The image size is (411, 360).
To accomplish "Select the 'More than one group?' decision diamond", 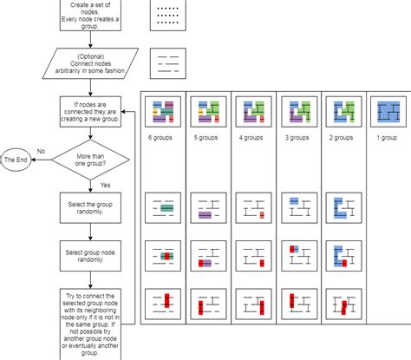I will point(91,160).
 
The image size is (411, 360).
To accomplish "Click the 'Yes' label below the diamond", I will point(105,185).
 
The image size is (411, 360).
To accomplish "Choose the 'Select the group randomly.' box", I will point(91,210).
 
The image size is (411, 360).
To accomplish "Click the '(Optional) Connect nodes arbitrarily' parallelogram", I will point(91,63).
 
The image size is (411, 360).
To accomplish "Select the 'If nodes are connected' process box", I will point(91,113).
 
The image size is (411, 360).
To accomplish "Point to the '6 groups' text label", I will point(163,136).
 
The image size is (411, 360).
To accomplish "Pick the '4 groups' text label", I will point(251,136).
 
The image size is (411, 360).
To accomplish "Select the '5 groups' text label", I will point(207,136).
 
